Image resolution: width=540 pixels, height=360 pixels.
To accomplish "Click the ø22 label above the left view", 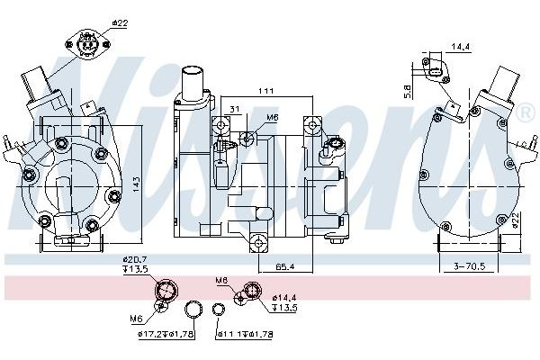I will (119, 22).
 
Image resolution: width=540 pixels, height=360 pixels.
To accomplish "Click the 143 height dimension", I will (134, 183).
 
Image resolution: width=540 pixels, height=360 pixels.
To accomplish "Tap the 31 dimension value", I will (234, 112).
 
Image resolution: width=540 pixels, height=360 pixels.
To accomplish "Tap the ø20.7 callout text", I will (135, 259).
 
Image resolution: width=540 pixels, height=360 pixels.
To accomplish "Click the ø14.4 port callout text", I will (284, 296).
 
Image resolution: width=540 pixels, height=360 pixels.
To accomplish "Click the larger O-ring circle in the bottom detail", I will (193, 312).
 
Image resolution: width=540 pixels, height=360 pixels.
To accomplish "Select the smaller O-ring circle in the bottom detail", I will (218, 311).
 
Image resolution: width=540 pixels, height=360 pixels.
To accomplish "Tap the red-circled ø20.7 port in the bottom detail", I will (166, 291).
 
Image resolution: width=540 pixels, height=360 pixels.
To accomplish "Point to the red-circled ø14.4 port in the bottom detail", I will (252, 290).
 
